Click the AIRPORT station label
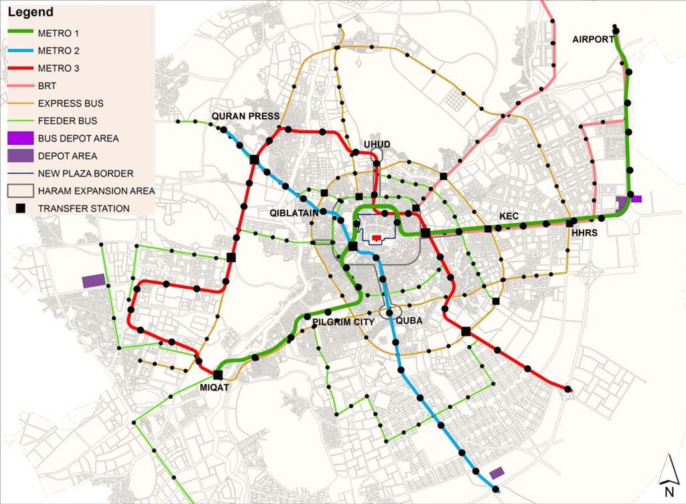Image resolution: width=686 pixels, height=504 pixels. (593, 40)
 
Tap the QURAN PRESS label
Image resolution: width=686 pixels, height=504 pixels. (245, 116)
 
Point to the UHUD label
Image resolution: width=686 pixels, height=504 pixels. (376, 144)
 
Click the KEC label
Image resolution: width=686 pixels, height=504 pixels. (508, 216)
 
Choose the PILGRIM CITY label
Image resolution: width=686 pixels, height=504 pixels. (342, 322)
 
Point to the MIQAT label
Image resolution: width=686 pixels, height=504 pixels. (214, 387)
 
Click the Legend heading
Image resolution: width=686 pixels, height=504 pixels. (31, 12)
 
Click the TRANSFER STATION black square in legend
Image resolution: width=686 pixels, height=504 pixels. (20, 208)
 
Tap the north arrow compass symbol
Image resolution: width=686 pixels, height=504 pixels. (667, 469)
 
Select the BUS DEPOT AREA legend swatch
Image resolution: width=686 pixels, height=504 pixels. (20, 138)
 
